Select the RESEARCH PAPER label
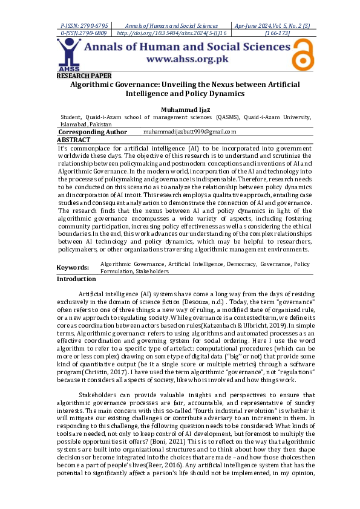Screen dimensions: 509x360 coord(84,76)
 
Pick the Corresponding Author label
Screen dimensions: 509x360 coord(93,132)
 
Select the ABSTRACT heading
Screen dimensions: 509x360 coord(73,140)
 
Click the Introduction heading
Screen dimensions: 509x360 coord(76,279)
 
